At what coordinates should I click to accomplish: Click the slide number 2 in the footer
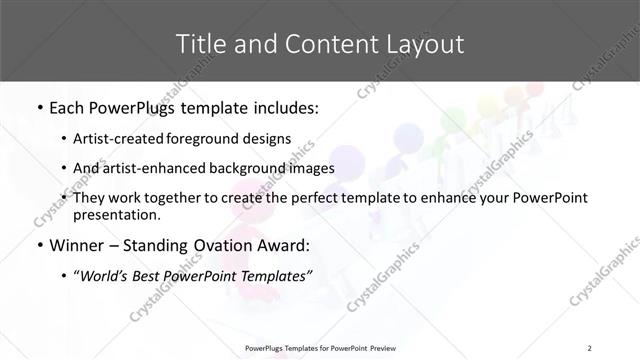coord(591,348)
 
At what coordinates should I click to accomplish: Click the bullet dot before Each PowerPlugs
coord(38,108)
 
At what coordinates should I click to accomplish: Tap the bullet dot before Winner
coord(38,245)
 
